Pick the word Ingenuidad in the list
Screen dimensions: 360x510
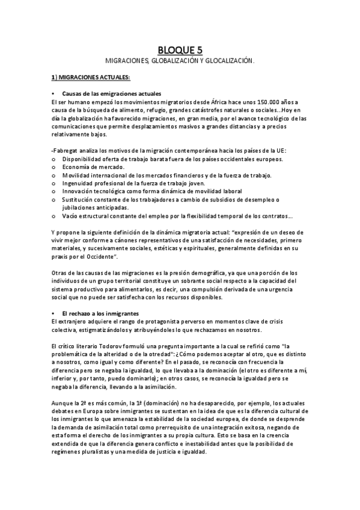click(x=77, y=183)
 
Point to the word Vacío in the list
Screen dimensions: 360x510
click(x=70, y=216)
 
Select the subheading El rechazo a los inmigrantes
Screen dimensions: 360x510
click(x=100, y=314)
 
